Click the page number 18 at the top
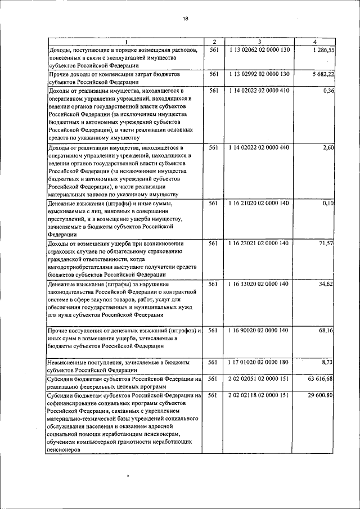pos(186,19)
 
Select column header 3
pos(259,42)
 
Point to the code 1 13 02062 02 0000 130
pos(259,50)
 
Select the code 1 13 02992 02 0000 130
pos(259,74)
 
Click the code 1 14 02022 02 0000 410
pos(259,90)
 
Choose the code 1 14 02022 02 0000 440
pos(259,147)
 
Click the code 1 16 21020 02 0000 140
pos(259,203)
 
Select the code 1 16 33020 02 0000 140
pos(259,284)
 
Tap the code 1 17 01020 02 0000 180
pos(259,364)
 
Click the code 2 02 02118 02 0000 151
pos(259,395)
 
